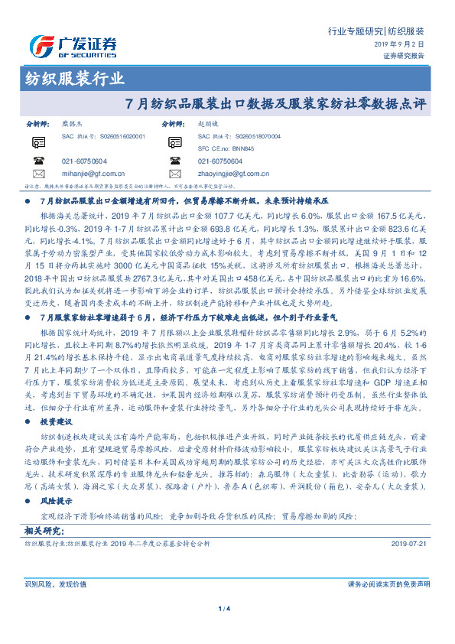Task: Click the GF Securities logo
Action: click(x=73, y=44)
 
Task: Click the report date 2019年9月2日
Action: click(x=403, y=45)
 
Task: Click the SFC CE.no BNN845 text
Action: click(x=226, y=148)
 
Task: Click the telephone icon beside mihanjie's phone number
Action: click(x=39, y=161)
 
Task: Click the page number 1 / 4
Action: click(x=227, y=609)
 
